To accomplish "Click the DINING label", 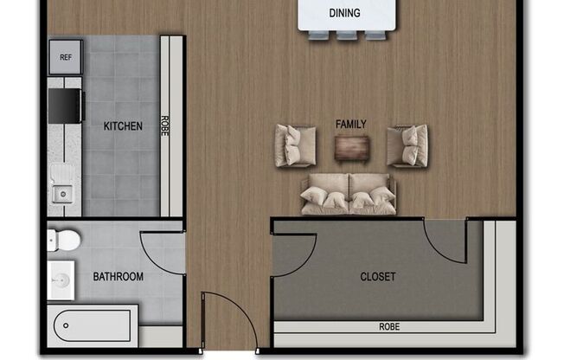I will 344,13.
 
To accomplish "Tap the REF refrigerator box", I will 66,58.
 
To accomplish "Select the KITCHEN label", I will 123,126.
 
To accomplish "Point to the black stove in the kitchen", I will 64,106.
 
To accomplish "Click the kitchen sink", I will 63,183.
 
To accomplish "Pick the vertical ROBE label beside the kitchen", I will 165,126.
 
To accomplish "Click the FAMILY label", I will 350,125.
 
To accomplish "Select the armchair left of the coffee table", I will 296,145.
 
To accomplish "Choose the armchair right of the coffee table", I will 407,145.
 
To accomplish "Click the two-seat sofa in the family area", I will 348,194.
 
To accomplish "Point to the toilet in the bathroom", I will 64,238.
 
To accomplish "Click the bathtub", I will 94,326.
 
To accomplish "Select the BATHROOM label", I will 119,277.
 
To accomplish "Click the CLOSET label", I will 378,277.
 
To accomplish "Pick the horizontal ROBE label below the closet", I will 388,328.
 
